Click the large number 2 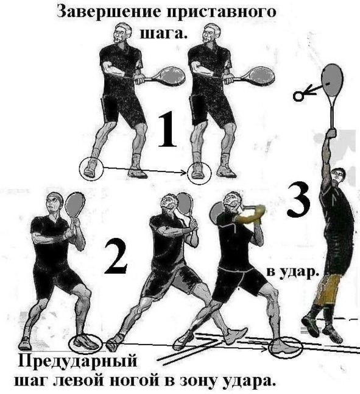point(116,256)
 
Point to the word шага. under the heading point(164,33)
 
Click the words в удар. point(292,272)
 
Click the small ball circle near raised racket point(298,96)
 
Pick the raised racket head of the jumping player point(332,80)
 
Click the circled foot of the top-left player point(91,169)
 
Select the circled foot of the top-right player point(199,173)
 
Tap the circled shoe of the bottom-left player point(85,343)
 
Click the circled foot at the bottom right point(286,348)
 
